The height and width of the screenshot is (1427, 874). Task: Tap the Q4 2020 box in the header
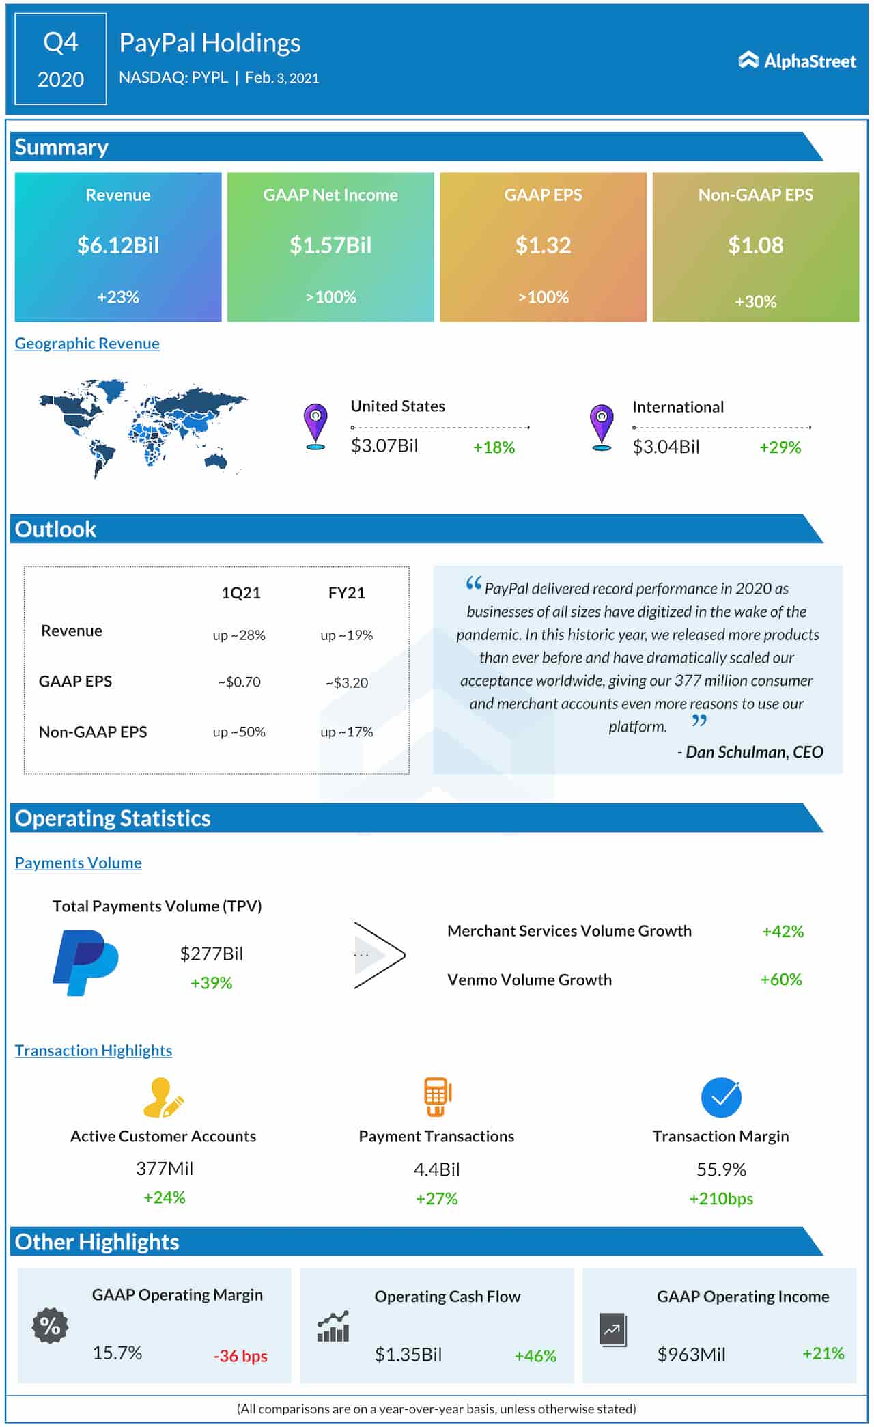pos(61,59)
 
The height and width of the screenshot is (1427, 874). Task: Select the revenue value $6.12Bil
pos(118,245)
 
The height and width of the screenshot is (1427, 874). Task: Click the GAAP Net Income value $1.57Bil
pos(330,245)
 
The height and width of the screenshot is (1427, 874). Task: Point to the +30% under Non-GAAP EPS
pos(755,301)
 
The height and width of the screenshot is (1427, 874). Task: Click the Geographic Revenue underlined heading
pos(87,344)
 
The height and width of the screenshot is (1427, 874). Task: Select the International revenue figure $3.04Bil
pos(666,447)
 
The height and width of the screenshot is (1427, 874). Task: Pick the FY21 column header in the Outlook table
pos(346,593)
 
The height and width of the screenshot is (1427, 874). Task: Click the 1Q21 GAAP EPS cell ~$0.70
pos(239,682)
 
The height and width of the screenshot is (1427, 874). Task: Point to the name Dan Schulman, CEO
pos(750,752)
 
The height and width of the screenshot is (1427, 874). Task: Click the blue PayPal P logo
pos(85,962)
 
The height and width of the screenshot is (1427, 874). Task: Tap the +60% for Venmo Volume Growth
pos(781,980)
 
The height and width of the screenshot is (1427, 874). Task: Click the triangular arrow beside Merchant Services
pos(379,955)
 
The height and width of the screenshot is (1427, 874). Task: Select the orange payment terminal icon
pos(437,1096)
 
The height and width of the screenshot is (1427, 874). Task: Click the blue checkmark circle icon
pos(721,1097)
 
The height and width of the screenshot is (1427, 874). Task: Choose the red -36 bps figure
pos(240,1356)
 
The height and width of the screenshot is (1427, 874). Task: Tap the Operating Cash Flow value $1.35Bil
pos(408,1355)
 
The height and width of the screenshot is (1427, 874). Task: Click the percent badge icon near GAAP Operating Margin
pos(50,1326)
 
